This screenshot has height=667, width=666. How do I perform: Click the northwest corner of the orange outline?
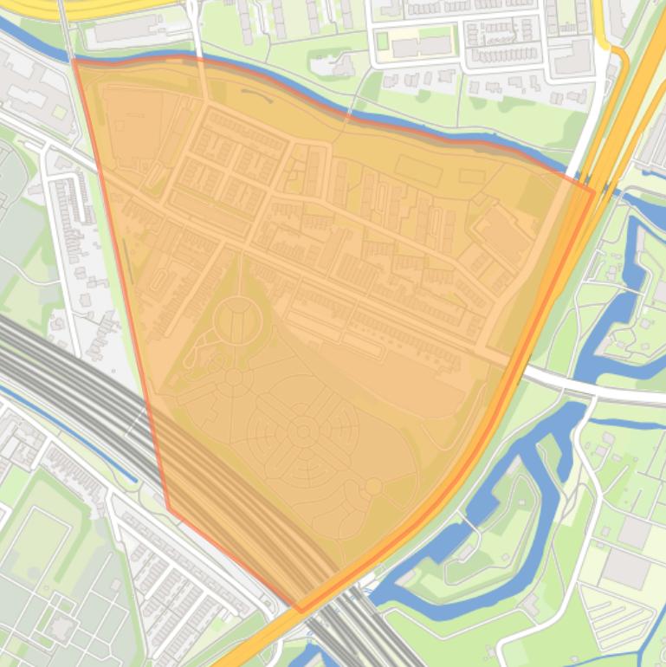point(74,61)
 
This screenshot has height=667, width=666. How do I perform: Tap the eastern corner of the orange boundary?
point(594,191)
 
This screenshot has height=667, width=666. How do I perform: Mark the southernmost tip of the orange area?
point(301,611)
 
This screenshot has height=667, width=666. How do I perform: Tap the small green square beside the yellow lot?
point(382,41)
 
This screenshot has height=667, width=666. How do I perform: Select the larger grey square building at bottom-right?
point(624,567)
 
